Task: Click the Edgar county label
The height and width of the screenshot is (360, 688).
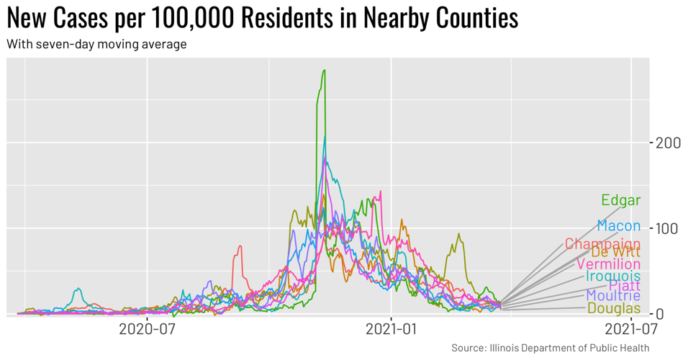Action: point(620,200)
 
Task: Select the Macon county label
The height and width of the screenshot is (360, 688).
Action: point(618,226)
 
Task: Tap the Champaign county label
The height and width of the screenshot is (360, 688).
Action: point(602,244)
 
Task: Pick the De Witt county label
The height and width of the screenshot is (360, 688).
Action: point(615,253)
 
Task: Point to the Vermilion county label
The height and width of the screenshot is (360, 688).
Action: point(608,265)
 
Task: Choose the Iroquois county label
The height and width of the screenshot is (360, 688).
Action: point(612,276)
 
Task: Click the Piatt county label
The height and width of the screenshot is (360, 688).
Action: point(624,287)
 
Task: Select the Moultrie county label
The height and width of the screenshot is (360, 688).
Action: point(612,296)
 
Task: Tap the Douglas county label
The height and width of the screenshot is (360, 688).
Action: point(613,308)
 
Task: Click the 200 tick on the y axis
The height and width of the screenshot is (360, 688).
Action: point(669,143)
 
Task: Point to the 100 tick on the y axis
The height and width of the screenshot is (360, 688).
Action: point(669,228)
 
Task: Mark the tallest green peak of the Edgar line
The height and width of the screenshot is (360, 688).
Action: point(324,71)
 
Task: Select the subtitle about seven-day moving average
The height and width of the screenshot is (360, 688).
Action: point(96,45)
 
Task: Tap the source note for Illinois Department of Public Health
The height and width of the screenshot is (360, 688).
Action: point(550,348)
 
